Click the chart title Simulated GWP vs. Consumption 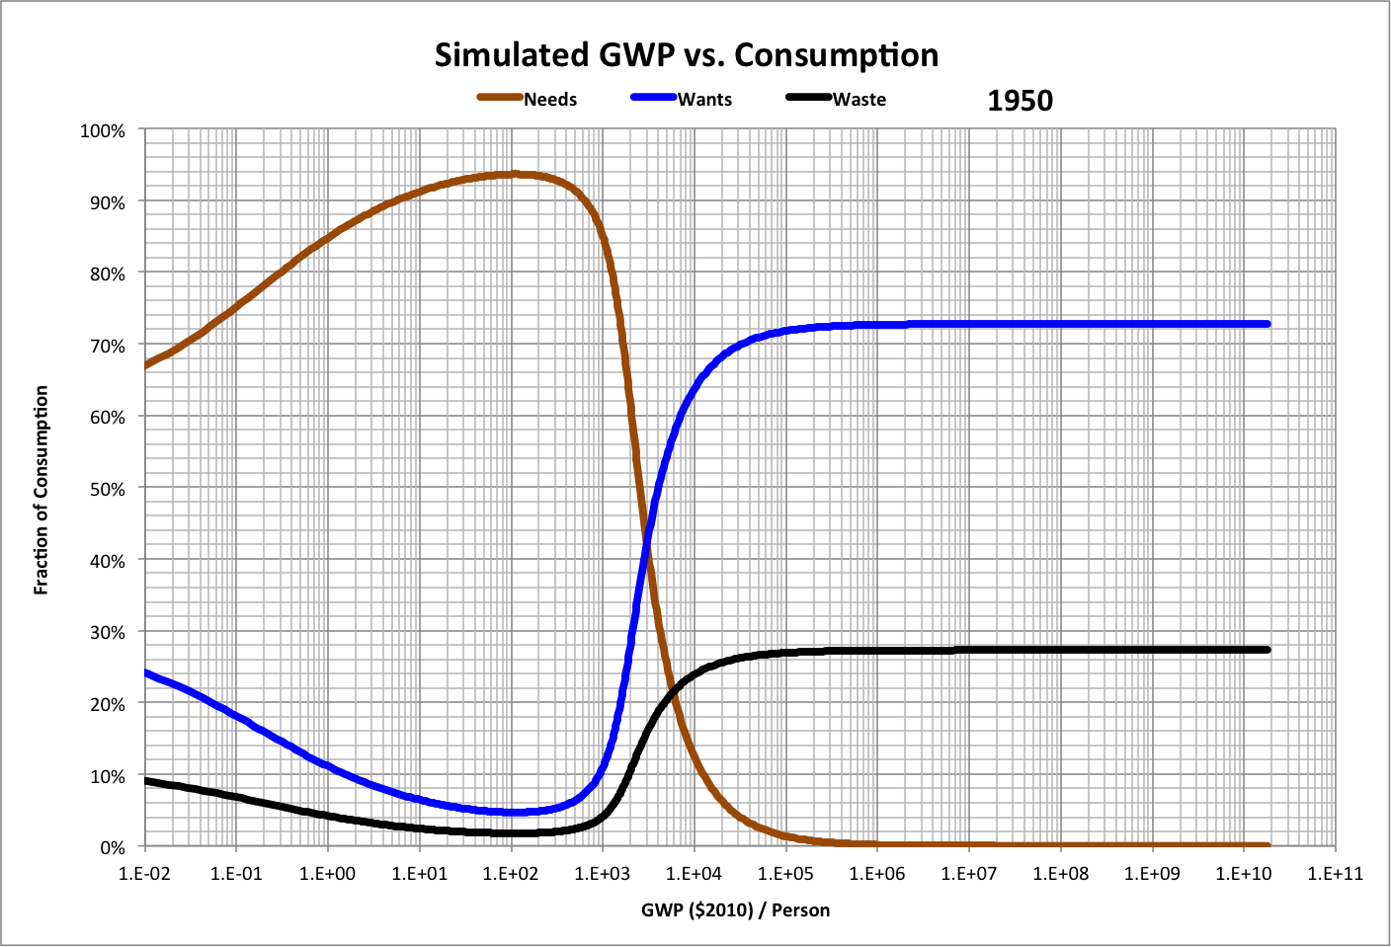pyautogui.click(x=687, y=55)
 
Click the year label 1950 pyautogui.click(x=1020, y=101)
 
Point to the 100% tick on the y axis pyautogui.click(x=103, y=130)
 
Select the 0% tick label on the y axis pyautogui.click(x=112, y=847)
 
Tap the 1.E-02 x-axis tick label pyautogui.click(x=145, y=874)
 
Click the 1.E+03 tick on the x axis pyautogui.click(x=603, y=874)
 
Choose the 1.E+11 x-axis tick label pyautogui.click(x=1335, y=874)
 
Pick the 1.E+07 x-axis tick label pyautogui.click(x=968, y=874)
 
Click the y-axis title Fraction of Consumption pyautogui.click(x=41, y=490)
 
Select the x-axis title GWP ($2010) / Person pyautogui.click(x=735, y=909)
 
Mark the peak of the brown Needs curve pyautogui.click(x=513, y=175)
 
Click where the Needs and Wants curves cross pyautogui.click(x=647, y=540)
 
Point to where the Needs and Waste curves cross pyautogui.click(x=674, y=691)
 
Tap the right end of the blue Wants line pyautogui.click(x=1267, y=324)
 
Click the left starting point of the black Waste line pyautogui.click(x=146, y=780)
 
